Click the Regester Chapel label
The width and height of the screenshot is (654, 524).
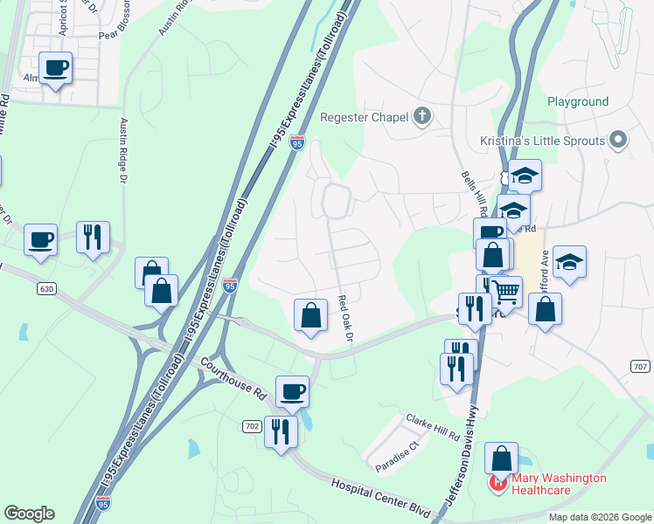pos(364,117)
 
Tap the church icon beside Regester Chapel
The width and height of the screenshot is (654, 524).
pos(422,116)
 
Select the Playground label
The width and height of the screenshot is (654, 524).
pos(578,101)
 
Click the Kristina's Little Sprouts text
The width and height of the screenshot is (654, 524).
pos(554,141)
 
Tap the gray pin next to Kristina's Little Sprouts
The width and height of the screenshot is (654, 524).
pos(619,140)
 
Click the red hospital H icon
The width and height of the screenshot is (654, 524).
pos(499,481)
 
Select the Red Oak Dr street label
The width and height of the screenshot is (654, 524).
pos(346,318)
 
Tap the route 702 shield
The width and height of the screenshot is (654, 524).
pos(253,425)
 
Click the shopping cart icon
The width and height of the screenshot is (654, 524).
pos(505,291)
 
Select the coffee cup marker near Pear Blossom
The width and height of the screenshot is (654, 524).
pos(56,67)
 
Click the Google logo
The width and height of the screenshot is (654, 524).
pos(29,514)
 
